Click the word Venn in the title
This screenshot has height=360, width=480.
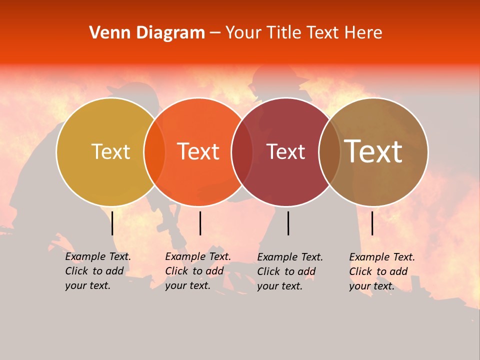click(x=108, y=33)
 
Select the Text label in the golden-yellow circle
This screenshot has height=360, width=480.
click(x=110, y=151)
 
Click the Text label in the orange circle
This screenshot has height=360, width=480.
click(x=198, y=151)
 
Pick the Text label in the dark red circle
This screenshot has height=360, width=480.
click(x=286, y=152)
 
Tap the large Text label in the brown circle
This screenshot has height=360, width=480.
click(x=373, y=151)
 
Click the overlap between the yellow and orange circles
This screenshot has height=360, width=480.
click(x=154, y=152)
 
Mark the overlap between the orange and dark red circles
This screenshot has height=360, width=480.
click(x=242, y=152)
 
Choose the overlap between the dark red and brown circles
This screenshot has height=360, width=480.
click(x=329, y=152)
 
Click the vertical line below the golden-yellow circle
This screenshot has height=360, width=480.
click(x=112, y=223)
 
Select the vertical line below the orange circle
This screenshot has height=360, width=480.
click(x=200, y=223)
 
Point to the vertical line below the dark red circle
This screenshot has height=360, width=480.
click(x=288, y=223)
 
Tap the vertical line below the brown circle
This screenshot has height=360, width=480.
click(x=372, y=223)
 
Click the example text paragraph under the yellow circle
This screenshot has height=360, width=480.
click(x=97, y=271)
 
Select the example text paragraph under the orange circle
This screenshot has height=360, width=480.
click(x=197, y=271)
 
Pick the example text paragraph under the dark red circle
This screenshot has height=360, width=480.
click(x=289, y=271)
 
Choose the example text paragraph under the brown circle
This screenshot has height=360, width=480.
click(x=381, y=271)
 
